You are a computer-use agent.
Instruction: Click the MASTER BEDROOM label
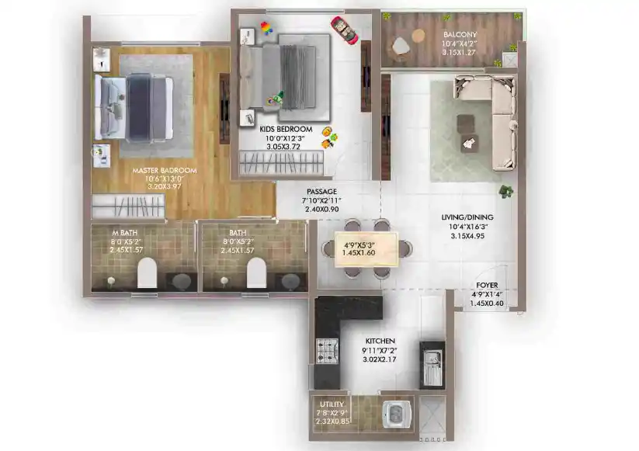click(164, 170)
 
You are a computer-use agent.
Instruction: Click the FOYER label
click(487, 285)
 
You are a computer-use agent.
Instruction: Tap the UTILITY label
click(332, 404)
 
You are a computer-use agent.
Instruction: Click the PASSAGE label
click(321, 191)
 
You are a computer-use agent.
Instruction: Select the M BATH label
click(124, 232)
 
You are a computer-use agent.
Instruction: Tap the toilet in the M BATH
click(147, 272)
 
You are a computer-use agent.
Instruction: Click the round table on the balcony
click(418, 35)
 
